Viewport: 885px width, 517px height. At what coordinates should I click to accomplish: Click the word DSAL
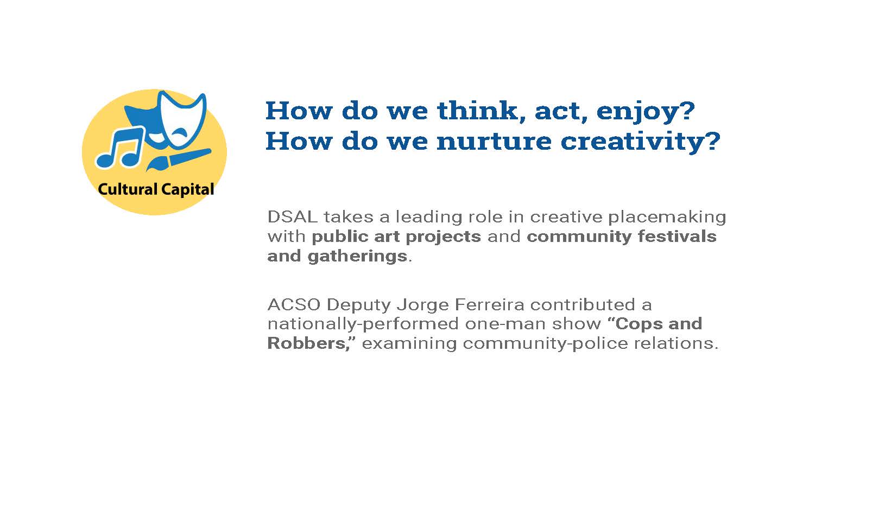pos(292,216)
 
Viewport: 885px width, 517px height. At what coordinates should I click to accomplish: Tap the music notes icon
pos(119,147)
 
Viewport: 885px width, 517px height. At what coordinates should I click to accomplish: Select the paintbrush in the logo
pos(178,158)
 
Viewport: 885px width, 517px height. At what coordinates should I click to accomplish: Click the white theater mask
pos(182,119)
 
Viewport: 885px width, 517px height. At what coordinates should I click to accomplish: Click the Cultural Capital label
pos(156,189)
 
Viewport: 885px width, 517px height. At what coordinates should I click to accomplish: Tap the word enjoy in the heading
pos(645,112)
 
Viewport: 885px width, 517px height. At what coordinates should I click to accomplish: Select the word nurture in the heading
pos(494,141)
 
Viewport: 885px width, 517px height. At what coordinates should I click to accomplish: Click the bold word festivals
pos(677,237)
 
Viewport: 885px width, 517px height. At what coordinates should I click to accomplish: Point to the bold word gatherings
pos(357,257)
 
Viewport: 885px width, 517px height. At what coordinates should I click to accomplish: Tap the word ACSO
pos(294,305)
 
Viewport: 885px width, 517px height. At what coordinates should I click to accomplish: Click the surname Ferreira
pos(490,305)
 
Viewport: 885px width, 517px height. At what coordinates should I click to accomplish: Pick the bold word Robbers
pos(307,343)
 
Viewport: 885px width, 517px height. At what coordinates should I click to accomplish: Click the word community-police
pos(545,344)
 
